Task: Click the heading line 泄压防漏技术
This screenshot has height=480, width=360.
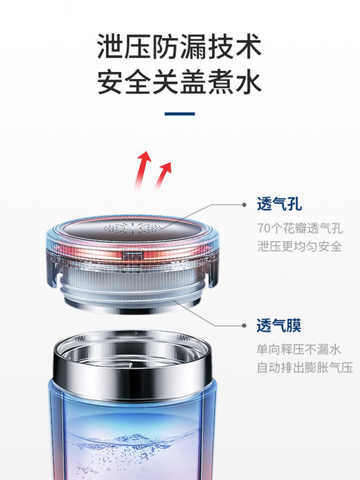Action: point(179,48)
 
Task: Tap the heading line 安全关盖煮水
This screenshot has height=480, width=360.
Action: point(179,82)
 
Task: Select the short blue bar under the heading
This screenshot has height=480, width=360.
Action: point(179,114)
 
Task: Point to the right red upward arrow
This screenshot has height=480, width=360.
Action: point(164,174)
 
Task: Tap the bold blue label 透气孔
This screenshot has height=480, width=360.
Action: point(279,205)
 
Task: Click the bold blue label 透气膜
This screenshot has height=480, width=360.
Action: point(279,326)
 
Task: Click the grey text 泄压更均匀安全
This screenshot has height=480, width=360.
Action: point(299,247)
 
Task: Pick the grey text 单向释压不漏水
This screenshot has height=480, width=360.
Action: point(299,349)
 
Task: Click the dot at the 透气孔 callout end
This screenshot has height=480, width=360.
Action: point(243,205)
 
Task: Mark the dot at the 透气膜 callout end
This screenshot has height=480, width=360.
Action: point(243,326)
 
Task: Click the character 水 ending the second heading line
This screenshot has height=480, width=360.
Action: point(246,82)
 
